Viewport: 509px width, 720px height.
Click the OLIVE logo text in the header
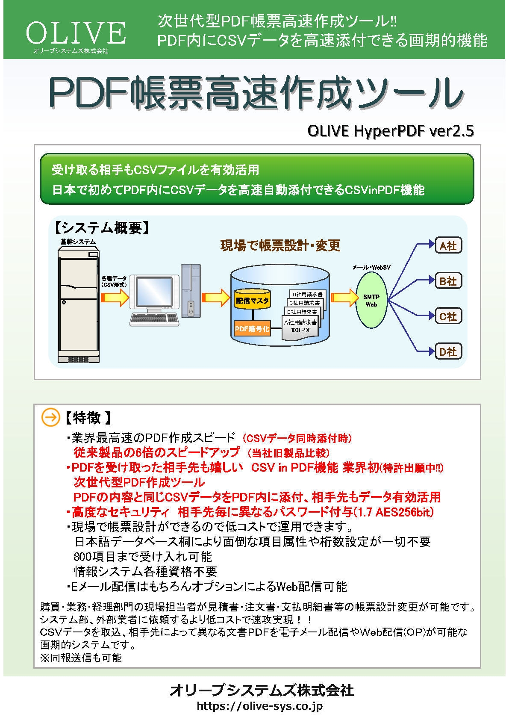[76, 33]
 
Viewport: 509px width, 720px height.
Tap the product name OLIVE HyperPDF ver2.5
[390, 131]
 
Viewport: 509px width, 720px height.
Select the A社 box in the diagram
[448, 245]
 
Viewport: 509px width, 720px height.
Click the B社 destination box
[448, 281]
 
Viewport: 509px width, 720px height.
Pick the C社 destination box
[448, 316]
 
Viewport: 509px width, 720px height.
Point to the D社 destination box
[448, 351]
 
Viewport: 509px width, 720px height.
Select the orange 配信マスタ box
[252, 301]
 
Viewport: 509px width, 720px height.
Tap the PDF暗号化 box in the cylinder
[252, 329]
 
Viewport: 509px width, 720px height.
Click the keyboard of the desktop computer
[154, 318]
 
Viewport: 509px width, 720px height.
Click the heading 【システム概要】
[102, 228]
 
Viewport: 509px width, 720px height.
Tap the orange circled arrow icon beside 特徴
[50, 418]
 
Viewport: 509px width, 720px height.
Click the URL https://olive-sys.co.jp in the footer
[259, 706]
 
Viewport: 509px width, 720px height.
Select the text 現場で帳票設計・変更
[280, 245]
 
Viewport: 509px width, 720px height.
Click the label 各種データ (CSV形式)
[114, 281]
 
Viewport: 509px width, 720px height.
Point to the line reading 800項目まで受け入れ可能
[143, 557]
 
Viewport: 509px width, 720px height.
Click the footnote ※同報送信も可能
[81, 658]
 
